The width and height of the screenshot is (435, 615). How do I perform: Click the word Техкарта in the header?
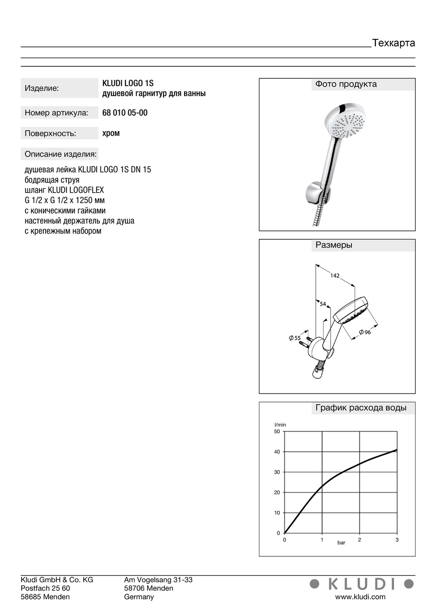click(x=393, y=43)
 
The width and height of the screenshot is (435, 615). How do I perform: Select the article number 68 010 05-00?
click(x=125, y=113)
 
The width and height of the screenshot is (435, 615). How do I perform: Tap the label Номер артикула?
click(x=56, y=113)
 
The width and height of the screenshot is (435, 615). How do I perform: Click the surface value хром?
click(x=111, y=133)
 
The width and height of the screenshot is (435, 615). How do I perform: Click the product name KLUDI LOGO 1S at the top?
click(x=128, y=83)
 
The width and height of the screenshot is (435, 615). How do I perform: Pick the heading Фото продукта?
click(x=346, y=84)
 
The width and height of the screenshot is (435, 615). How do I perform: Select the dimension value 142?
click(x=335, y=275)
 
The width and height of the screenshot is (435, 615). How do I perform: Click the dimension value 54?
click(x=323, y=304)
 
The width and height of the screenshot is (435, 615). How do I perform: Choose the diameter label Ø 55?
click(x=295, y=338)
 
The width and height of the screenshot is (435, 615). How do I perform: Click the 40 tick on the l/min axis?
click(x=276, y=452)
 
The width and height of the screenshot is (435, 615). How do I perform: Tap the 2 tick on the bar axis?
click(x=359, y=540)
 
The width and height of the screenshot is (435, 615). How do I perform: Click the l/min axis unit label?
click(x=280, y=424)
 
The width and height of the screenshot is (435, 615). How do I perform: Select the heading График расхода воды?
click(x=360, y=408)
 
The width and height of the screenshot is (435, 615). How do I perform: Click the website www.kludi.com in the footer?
click(x=360, y=597)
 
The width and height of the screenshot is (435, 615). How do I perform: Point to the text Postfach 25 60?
click(x=45, y=588)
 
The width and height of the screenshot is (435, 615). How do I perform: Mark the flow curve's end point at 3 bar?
click(x=397, y=450)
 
